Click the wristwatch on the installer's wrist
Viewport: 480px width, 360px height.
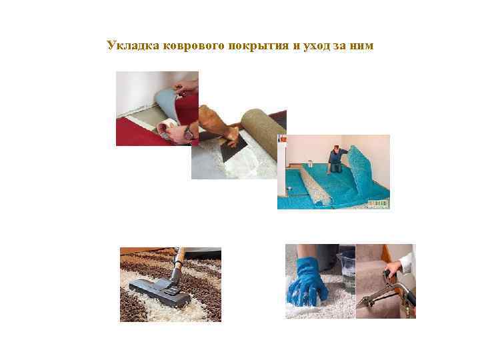[x=189, y=133]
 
